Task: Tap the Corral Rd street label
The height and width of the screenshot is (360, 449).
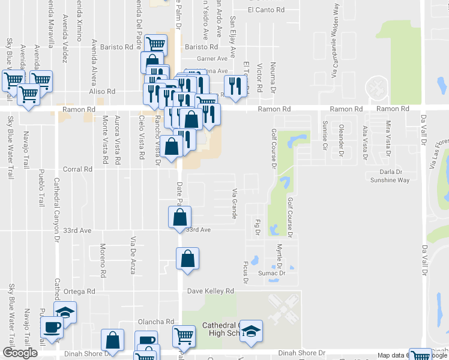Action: pos(80,170)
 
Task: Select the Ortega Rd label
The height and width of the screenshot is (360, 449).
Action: pos(82,291)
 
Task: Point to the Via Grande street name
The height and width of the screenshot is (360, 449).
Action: pos(234,203)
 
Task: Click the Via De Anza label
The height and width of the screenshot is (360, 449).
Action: pos(133,254)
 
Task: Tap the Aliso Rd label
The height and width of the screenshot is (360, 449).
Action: pos(102,92)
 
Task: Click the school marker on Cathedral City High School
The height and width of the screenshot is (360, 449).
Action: pos(252,330)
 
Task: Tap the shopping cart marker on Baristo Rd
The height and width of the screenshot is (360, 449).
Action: pos(155,44)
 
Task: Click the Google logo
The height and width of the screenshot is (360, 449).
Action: pos(20,353)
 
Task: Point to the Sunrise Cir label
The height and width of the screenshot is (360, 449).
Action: pos(325,135)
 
